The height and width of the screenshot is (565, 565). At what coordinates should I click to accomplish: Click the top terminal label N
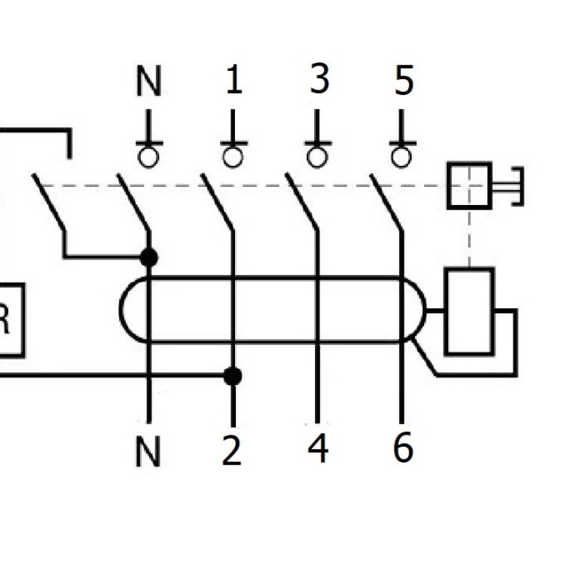149,81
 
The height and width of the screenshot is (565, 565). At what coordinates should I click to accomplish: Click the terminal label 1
234,80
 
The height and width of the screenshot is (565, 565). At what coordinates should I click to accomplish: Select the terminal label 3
319,78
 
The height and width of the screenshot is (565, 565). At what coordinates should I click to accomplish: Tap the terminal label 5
405,80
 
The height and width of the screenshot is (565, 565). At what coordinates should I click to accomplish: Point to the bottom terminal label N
148,451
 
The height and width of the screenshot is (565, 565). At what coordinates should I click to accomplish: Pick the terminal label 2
232,450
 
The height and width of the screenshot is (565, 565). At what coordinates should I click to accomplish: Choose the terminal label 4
318,449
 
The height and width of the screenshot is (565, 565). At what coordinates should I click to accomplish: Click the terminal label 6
403,449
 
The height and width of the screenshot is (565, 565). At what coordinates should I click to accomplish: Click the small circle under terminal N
149,157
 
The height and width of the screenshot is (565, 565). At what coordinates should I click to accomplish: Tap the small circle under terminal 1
234,157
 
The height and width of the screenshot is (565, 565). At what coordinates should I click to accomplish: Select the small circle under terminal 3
319,157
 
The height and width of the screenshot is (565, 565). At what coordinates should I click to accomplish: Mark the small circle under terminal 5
403,157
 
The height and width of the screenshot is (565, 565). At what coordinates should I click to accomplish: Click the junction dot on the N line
149,258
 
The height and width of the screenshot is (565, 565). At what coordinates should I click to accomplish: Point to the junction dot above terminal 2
234,375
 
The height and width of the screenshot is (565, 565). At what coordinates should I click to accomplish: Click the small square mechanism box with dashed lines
469,185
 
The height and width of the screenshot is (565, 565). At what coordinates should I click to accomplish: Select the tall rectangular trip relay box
469,311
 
